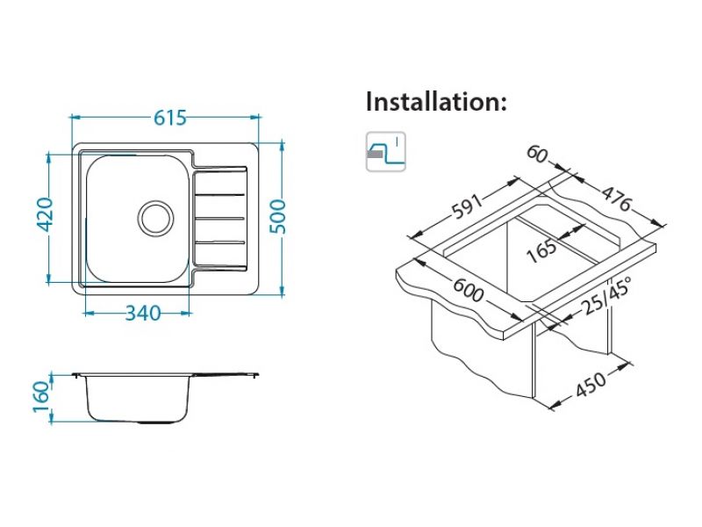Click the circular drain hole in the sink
point(155,216)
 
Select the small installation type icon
point(385,153)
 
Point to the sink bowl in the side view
point(138,399)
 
